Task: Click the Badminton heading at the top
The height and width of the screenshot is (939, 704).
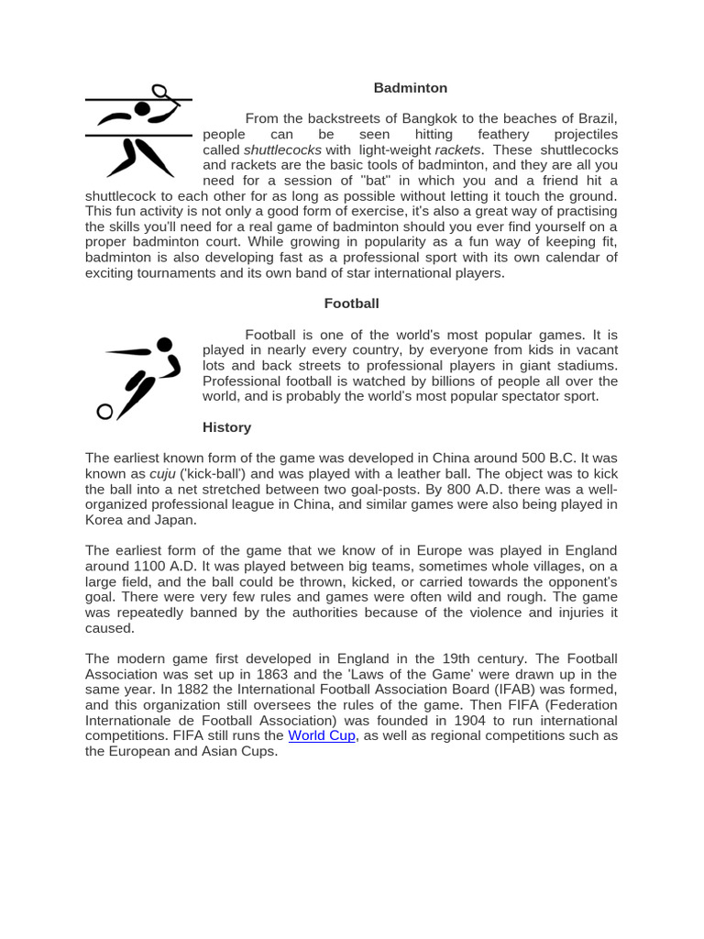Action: (x=410, y=88)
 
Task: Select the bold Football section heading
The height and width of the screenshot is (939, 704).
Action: (x=351, y=304)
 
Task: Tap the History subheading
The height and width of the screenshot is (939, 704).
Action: (x=226, y=427)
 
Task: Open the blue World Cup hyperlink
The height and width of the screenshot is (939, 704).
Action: (x=321, y=735)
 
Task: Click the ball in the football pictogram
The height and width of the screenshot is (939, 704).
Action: (x=104, y=412)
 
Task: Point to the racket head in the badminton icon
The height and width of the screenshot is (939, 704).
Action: (x=159, y=91)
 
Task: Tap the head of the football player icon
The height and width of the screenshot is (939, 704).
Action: (x=164, y=345)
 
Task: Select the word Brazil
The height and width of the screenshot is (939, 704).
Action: (x=597, y=118)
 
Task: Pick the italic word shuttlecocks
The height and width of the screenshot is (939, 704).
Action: (x=282, y=149)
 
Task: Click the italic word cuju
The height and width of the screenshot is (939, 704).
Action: (x=162, y=474)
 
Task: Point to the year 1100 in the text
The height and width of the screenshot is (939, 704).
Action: (x=150, y=566)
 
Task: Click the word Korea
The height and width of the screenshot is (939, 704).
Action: (x=104, y=520)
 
